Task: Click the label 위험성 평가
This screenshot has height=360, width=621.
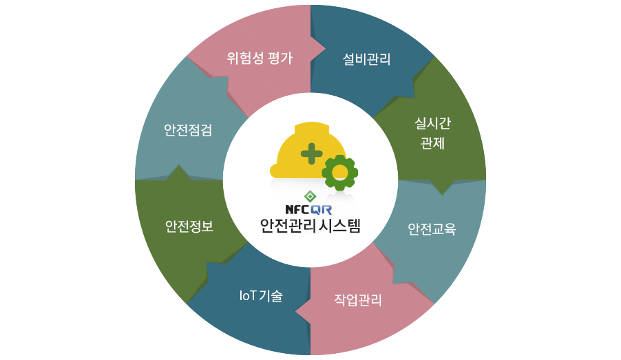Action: [x=260, y=59]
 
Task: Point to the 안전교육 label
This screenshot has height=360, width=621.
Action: [x=432, y=228]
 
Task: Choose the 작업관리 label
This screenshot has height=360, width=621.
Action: [x=358, y=299]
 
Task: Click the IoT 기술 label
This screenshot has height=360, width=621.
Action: [x=261, y=296]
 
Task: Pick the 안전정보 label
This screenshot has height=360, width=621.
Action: [x=189, y=226]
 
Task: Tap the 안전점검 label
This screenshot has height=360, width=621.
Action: [x=188, y=130]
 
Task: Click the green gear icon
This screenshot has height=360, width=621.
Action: [x=339, y=173]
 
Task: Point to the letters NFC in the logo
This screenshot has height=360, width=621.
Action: [x=298, y=209]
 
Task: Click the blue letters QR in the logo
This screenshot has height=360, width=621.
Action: [x=322, y=209]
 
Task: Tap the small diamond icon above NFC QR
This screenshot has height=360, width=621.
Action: [x=310, y=196]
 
